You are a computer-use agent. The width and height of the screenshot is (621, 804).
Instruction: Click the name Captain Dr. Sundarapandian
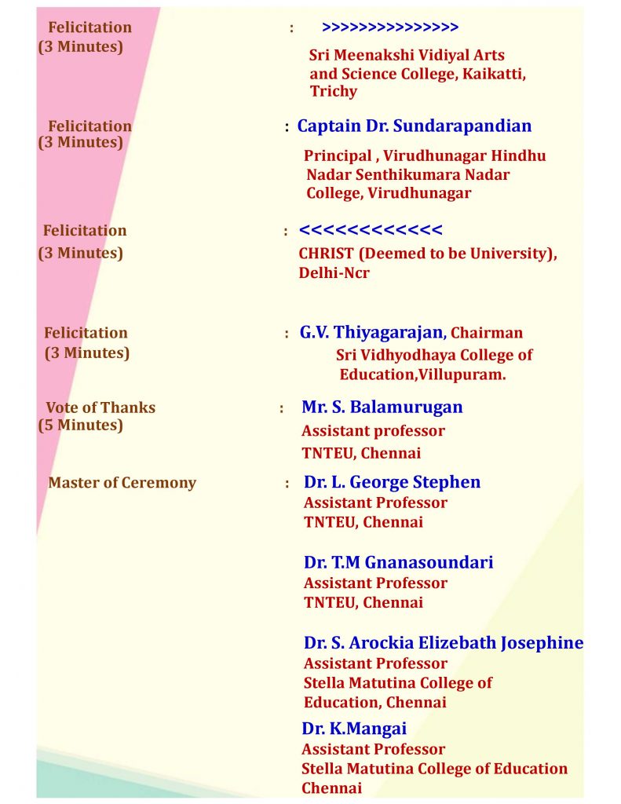(414, 126)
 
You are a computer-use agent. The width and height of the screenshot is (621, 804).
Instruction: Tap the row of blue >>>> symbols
(390, 27)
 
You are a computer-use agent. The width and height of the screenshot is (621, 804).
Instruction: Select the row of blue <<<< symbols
(371, 230)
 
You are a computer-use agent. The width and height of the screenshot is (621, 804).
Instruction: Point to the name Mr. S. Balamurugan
(382, 407)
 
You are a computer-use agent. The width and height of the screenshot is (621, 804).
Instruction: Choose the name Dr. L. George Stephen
(392, 481)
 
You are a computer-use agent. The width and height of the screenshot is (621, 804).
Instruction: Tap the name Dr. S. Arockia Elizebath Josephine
(444, 642)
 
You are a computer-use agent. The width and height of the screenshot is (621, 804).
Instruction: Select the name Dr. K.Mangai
(354, 728)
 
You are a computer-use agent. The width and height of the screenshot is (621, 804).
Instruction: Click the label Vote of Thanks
(100, 407)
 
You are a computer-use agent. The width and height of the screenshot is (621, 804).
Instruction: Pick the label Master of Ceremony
(122, 482)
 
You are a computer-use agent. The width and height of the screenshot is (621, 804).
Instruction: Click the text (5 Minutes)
(81, 425)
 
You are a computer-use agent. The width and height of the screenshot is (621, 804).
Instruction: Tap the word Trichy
(334, 91)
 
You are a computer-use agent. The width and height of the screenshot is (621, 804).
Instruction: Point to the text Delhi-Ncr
(334, 273)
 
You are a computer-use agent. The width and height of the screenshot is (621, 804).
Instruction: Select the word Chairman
(487, 333)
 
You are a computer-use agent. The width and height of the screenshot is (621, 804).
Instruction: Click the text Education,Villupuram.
(422, 375)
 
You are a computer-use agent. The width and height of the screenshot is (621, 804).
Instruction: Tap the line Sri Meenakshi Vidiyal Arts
(407, 55)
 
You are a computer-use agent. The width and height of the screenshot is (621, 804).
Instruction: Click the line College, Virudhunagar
(389, 193)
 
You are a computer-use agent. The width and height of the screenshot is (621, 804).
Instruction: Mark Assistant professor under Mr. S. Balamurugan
(373, 430)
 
